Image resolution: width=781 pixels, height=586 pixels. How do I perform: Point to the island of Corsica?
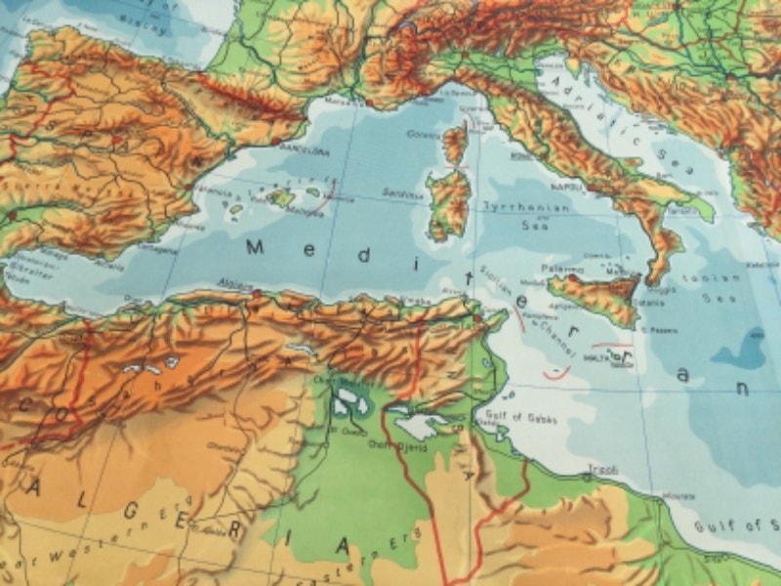point(455,143)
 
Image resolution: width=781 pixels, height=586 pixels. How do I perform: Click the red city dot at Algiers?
point(256,292)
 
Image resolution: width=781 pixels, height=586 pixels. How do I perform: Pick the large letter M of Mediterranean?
point(257,247)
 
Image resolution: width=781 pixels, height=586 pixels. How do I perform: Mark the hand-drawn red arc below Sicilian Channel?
point(556,372)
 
